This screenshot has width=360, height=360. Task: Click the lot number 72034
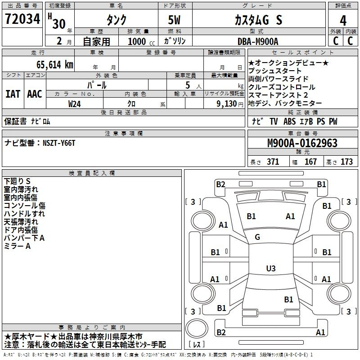(x=22, y=19)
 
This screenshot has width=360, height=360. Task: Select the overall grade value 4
(x=343, y=20)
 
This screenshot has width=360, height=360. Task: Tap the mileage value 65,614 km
(x=55, y=65)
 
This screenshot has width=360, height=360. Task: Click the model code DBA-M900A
(x=258, y=41)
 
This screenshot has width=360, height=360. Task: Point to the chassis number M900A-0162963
(x=302, y=143)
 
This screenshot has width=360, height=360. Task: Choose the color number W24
(x=75, y=104)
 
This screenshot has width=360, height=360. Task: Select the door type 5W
(x=174, y=20)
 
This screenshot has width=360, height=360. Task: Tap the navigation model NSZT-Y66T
(x=59, y=143)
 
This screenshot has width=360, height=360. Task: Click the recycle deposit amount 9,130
(x=226, y=104)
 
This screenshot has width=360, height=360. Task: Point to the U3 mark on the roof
(x=271, y=268)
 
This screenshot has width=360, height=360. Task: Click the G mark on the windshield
(x=257, y=237)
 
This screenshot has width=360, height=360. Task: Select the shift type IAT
(x=13, y=94)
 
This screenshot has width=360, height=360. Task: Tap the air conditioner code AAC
(x=35, y=94)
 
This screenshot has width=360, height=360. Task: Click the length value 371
(x=273, y=162)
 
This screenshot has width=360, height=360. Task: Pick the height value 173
(x=346, y=162)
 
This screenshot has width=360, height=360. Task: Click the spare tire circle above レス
(x=197, y=328)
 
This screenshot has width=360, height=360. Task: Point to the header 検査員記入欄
(x=92, y=173)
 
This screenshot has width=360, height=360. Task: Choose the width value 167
(x=310, y=162)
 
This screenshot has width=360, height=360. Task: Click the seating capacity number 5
(x=188, y=85)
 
